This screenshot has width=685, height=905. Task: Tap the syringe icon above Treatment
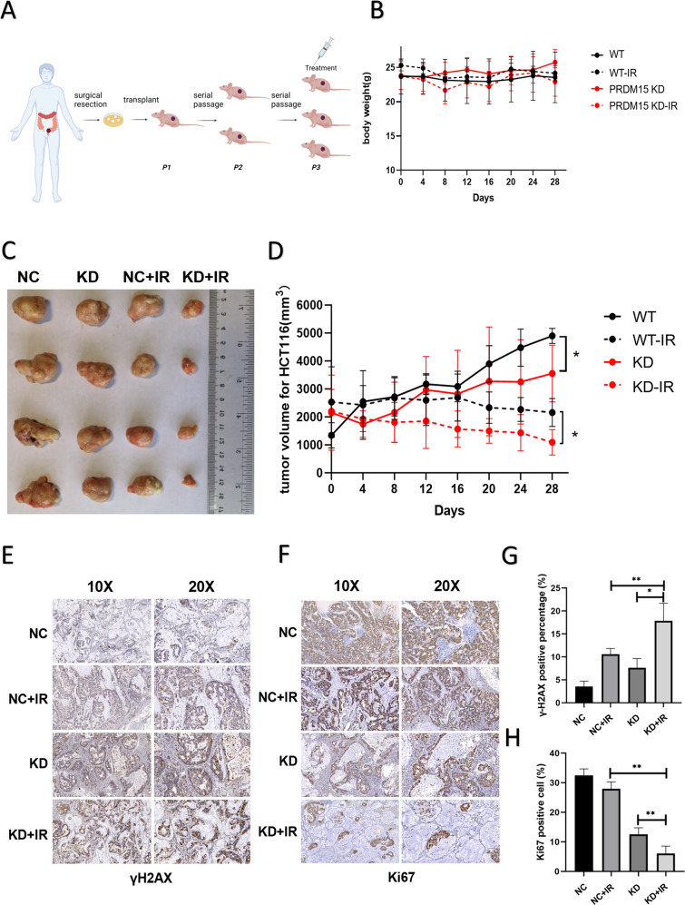click(x=325, y=34)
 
